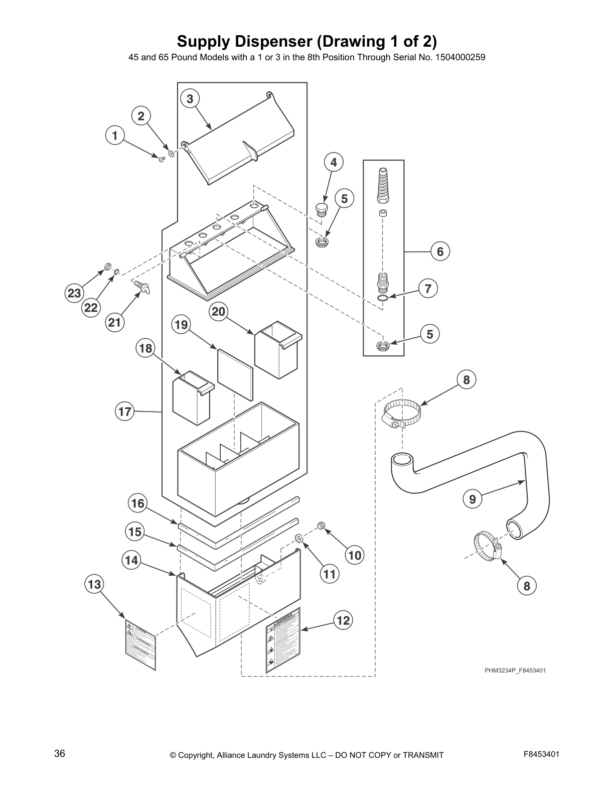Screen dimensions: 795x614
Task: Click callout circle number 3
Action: (190, 99)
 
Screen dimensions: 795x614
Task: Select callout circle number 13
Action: (94, 584)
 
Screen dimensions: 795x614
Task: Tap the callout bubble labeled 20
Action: (218, 312)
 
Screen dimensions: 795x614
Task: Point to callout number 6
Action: (440, 251)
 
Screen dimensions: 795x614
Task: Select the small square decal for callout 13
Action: (140, 644)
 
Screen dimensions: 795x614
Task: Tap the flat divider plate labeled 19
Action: (235, 373)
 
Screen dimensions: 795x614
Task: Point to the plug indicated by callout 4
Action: (321, 208)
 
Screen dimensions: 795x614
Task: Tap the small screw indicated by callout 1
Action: (162, 159)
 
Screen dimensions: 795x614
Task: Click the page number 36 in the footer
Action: (60, 753)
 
